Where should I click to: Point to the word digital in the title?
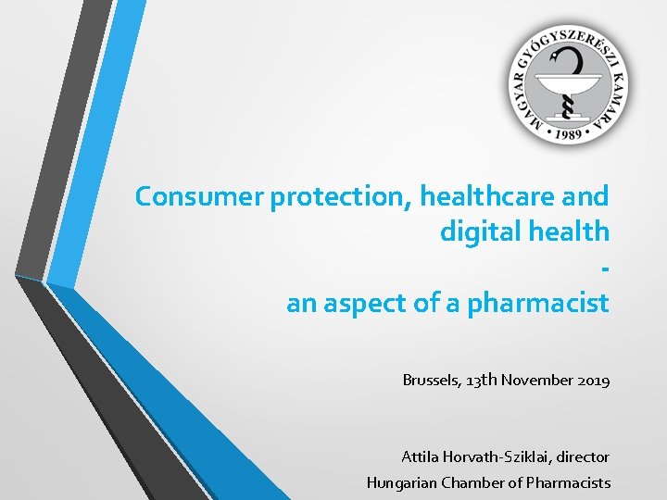(478, 231)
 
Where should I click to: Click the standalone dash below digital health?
(605, 269)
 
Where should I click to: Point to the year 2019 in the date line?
(592, 380)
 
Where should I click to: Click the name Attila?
(421, 456)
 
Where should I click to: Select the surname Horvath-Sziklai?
(497, 456)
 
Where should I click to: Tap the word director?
(583, 456)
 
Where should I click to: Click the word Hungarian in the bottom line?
(401, 482)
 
